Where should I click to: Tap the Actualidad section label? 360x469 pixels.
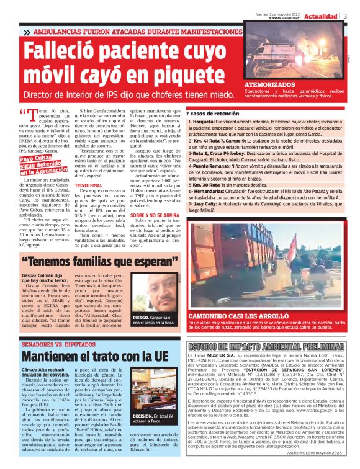(322, 16)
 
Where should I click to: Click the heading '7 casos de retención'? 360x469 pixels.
(212, 114)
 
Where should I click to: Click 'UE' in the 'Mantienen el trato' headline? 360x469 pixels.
(159, 356)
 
